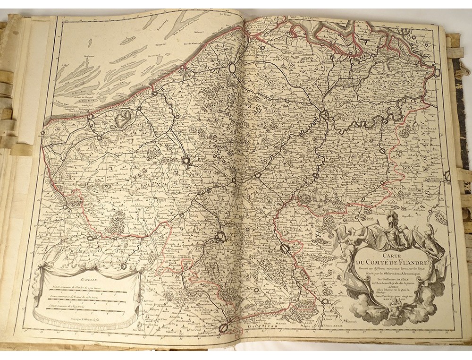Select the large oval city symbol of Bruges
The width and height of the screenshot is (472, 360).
tap(232, 68)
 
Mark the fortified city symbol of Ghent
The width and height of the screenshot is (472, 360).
tap(324, 114)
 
